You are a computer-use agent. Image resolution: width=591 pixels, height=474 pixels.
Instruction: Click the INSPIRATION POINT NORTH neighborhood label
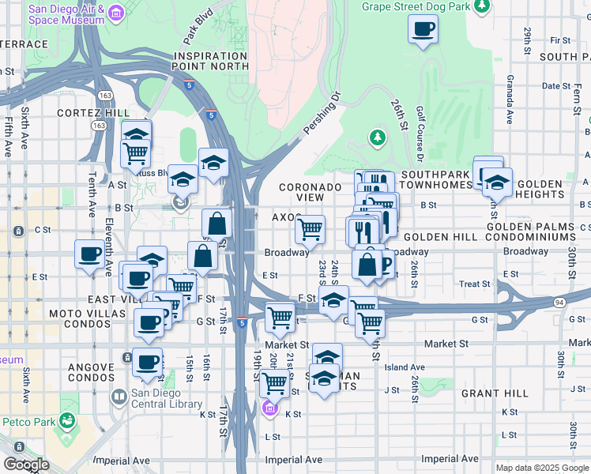click(x=211, y=62)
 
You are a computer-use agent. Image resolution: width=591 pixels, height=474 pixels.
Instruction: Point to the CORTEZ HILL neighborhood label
click(x=93, y=113)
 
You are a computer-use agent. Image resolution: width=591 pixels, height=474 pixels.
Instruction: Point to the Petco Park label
click(x=28, y=421)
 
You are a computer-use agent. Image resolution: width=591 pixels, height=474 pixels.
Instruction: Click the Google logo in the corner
click(x=26, y=465)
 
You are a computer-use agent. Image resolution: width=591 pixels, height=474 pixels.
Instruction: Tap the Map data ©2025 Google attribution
click(x=541, y=468)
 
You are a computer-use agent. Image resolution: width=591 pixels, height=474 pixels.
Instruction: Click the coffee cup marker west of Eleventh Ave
click(x=88, y=254)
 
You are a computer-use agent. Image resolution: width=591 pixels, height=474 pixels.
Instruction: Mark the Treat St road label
click(x=475, y=284)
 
